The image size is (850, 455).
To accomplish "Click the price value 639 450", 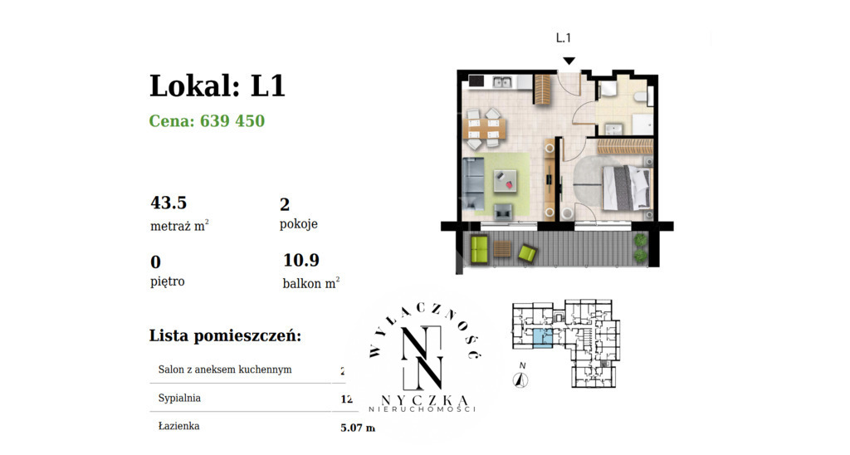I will (x=232, y=121).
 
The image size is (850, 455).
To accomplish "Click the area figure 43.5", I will (x=169, y=203).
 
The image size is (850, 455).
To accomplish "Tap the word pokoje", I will (x=299, y=224).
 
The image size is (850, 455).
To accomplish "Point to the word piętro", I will (x=168, y=281).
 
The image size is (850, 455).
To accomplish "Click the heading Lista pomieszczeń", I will (x=225, y=335).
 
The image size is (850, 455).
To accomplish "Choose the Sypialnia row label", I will (x=179, y=399).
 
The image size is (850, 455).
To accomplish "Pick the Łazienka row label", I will (x=178, y=426).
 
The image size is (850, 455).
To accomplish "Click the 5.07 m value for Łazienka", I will (x=358, y=428).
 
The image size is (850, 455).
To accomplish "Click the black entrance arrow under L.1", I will (x=569, y=61).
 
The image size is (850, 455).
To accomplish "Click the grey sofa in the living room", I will (x=474, y=184).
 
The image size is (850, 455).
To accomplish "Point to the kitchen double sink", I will (x=502, y=82).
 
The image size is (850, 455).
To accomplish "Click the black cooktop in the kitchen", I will (x=476, y=81).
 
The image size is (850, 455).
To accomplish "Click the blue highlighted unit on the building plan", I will (x=540, y=337).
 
